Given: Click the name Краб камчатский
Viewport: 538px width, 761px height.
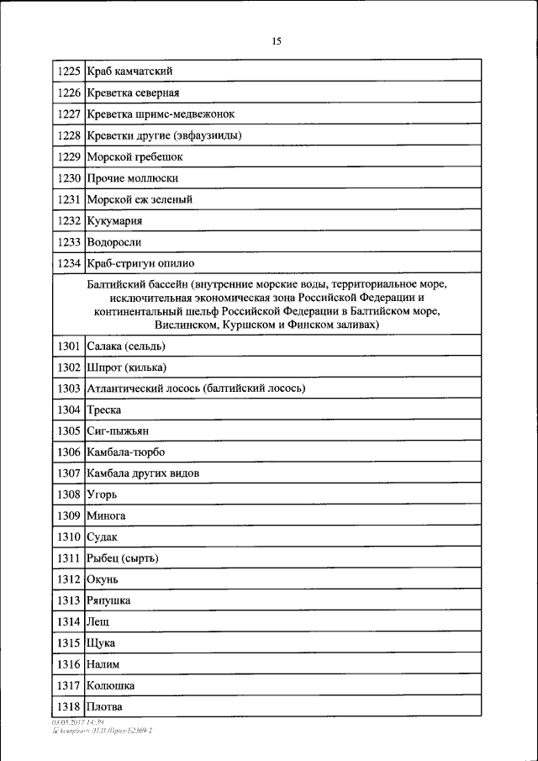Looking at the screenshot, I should (129, 71).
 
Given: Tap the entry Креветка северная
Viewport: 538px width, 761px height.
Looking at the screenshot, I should (133, 92).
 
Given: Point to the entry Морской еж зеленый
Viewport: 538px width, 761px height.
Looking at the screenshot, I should (139, 199).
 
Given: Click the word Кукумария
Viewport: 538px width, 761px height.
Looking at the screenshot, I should (114, 220).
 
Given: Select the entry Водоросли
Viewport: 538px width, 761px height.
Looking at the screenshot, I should (113, 242).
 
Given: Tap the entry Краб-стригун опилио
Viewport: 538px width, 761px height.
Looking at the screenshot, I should (140, 263).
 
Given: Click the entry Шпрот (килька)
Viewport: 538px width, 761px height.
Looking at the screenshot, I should (126, 367).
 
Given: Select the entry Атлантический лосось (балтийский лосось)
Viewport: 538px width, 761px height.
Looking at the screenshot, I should (195, 388).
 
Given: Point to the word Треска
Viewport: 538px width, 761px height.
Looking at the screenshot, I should (104, 410).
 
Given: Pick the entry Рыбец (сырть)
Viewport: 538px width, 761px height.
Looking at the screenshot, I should (123, 558).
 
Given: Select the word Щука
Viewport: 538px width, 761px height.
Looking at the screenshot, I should (101, 642).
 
